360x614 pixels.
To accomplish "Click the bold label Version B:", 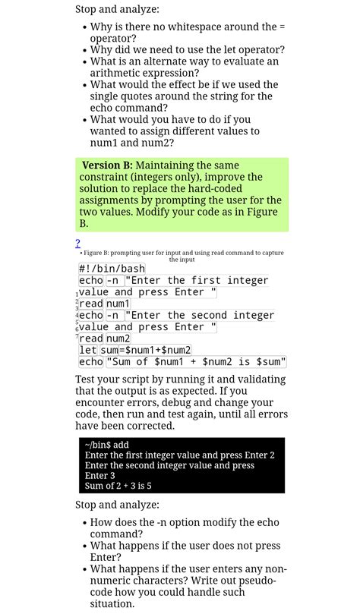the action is click(107, 165).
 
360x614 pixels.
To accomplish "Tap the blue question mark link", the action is click(77, 244).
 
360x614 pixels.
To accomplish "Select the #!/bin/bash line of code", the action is click(112, 269).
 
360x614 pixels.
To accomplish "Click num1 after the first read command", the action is click(118, 304).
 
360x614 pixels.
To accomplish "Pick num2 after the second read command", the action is click(118, 338).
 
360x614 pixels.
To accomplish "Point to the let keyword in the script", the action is click(88, 350).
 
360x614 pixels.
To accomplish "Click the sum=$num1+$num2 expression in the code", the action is click(146, 350).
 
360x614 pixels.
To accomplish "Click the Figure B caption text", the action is click(182, 256).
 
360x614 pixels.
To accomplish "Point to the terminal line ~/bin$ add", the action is click(107, 445).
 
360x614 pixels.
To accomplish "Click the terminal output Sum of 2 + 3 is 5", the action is click(118, 486).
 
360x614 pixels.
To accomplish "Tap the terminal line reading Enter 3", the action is click(100, 476).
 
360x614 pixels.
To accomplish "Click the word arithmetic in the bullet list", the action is click(116, 73).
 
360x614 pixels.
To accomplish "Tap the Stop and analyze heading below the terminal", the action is click(117, 505).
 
